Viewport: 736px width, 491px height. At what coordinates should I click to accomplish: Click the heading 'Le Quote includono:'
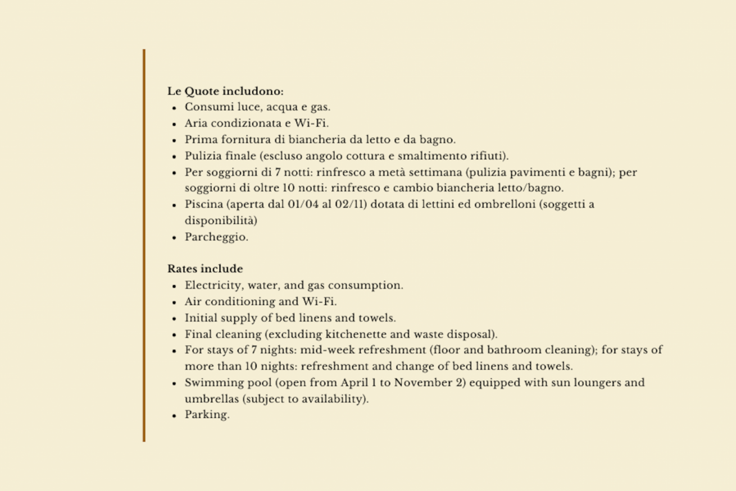tap(225, 91)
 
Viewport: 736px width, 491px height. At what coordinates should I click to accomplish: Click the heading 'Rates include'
tap(205, 269)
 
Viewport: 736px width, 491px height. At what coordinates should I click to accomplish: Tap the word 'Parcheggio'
tap(216, 237)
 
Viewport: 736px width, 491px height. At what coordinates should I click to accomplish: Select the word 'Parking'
tap(206, 415)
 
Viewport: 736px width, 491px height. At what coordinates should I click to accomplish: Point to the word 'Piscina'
tap(203, 204)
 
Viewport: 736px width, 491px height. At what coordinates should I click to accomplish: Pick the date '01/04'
tap(303, 204)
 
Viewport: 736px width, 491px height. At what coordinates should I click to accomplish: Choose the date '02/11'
tap(347, 204)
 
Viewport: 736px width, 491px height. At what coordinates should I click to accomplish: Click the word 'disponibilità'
tap(221, 221)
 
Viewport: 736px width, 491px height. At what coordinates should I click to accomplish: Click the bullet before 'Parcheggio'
tap(175, 238)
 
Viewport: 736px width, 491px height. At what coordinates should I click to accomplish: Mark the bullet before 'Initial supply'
tap(175, 319)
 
